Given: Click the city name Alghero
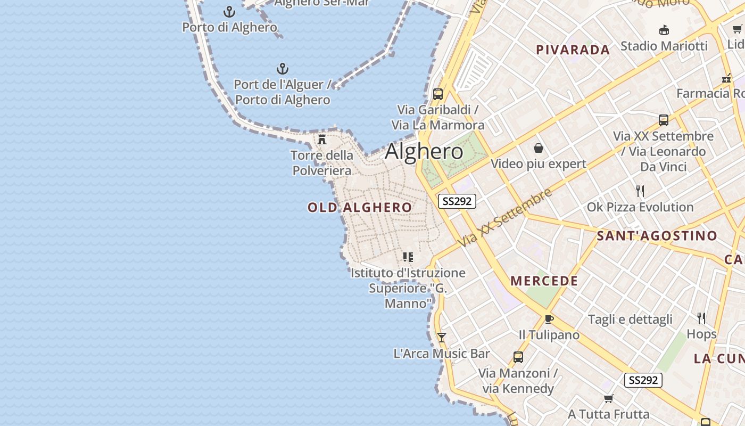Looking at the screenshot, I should pyautogui.click(x=424, y=152).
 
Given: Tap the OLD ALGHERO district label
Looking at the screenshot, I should pyautogui.click(x=360, y=207).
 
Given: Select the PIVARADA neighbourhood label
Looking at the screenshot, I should pyautogui.click(x=573, y=50).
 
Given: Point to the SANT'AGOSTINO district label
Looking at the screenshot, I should pyautogui.click(x=657, y=235).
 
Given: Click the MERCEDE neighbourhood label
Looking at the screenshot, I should pyautogui.click(x=544, y=281).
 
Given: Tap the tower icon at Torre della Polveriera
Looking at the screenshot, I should pyautogui.click(x=322, y=140).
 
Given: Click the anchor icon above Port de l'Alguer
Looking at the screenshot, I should pyautogui.click(x=283, y=69).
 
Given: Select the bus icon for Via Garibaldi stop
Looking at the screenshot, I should pyautogui.click(x=438, y=94).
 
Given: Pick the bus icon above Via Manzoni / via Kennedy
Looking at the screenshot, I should pyautogui.click(x=518, y=357).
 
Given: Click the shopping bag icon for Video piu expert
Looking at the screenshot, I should pyautogui.click(x=539, y=148).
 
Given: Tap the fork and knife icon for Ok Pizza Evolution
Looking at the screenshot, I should pyautogui.click(x=640, y=191).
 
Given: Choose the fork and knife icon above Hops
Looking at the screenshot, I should pyautogui.click(x=701, y=318).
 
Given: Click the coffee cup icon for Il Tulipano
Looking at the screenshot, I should pyautogui.click(x=549, y=319).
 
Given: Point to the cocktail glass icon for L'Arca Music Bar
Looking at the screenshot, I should pyautogui.click(x=441, y=338).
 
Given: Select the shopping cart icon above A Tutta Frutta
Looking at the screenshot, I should pyautogui.click(x=609, y=398).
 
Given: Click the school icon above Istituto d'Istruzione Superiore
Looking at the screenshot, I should pyautogui.click(x=408, y=257).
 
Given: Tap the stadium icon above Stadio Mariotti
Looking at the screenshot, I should pyautogui.click(x=664, y=30).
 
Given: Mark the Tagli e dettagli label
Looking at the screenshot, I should pyautogui.click(x=630, y=319).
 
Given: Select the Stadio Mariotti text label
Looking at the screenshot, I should pyautogui.click(x=664, y=46).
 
